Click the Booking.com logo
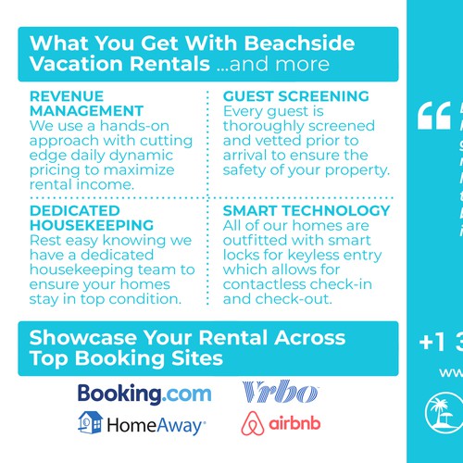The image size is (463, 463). click(x=144, y=394)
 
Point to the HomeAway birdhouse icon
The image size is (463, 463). click(x=89, y=424)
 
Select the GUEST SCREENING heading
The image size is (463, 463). click(x=283, y=96)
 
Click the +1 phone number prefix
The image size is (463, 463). click(x=431, y=341)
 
